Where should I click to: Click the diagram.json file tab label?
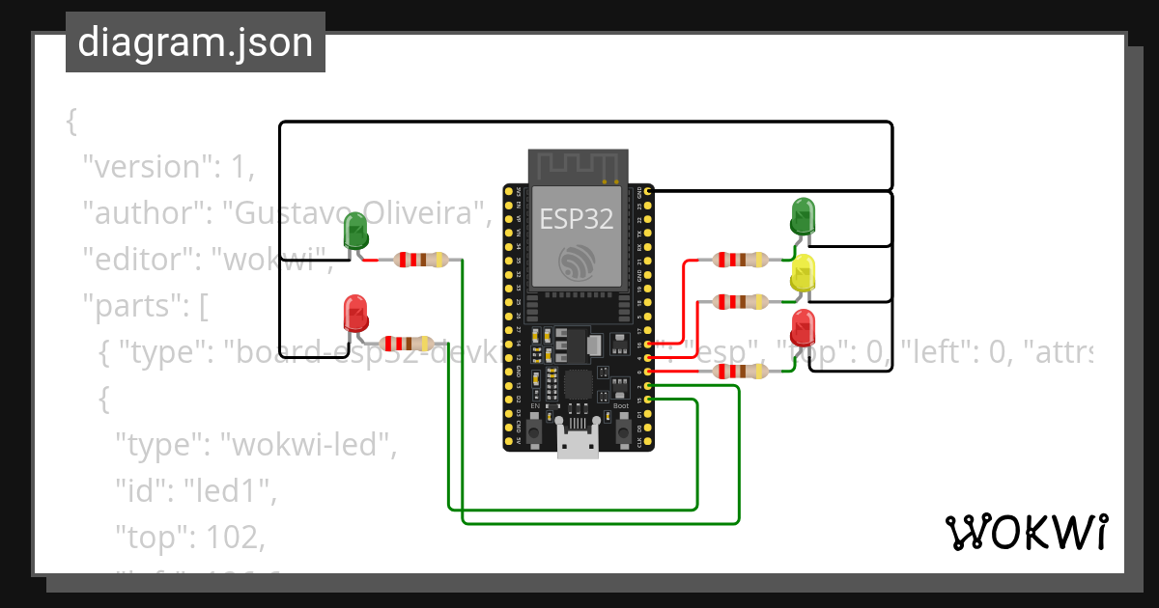tap(195, 42)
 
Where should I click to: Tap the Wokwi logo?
tap(1025, 532)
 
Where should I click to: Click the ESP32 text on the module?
tap(576, 219)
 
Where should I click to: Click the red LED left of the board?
tap(355, 315)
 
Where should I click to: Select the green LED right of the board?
tap(803, 216)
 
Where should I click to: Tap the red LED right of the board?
tap(803, 328)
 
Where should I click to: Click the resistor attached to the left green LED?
tap(421, 260)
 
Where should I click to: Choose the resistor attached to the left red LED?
tap(407, 344)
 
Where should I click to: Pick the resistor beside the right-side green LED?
tap(740, 260)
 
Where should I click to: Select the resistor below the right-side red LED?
tap(740, 372)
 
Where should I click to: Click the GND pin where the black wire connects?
tap(648, 192)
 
